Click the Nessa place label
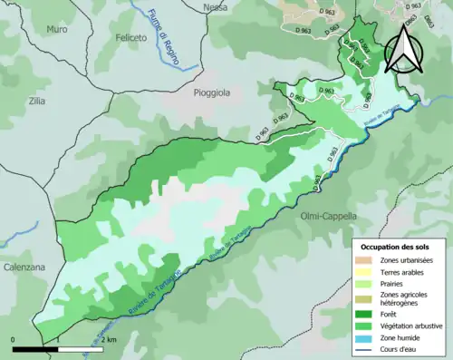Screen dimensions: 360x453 (216, 7)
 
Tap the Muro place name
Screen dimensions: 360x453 (57, 28)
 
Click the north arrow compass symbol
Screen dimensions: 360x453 (403, 50)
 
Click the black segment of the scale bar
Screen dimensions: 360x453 (36, 348)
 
